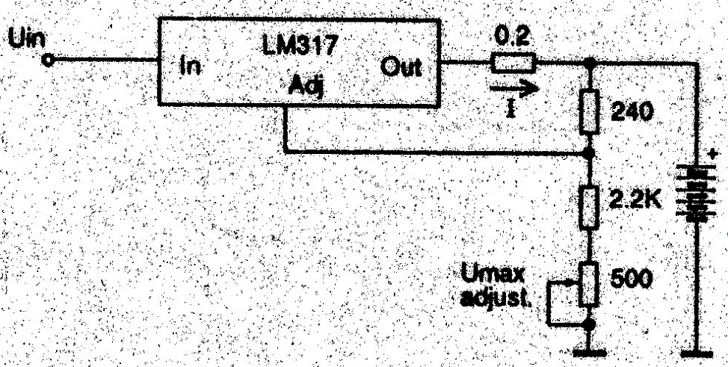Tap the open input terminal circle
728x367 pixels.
[x=50, y=63]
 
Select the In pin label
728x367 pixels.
[x=189, y=69]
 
